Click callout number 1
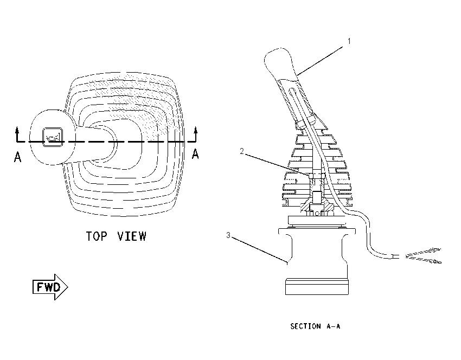349,41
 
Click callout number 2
242,151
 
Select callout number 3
228,235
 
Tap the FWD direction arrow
50,287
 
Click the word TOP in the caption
97,236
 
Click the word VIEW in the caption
132,236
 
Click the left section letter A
18,156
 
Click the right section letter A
195,153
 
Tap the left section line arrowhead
17,130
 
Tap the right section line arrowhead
195,130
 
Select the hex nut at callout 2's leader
316,176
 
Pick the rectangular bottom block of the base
317,286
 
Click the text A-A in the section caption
334,326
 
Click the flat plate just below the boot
317,221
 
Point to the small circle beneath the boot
316,214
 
